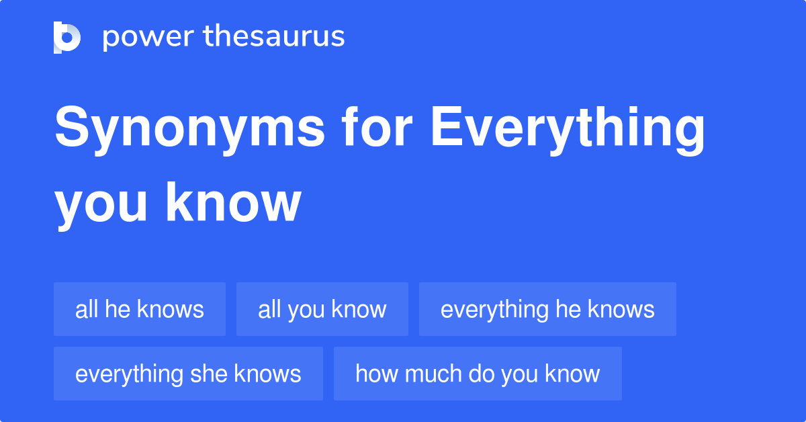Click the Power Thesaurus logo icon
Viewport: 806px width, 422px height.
click(67, 37)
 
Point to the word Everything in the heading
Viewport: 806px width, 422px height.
click(568, 130)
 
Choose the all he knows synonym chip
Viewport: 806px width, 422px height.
click(140, 309)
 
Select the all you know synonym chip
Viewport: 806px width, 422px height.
click(322, 309)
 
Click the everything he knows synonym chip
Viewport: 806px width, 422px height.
click(547, 309)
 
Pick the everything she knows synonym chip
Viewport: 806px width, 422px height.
click(188, 374)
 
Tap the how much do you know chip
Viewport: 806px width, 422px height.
click(478, 374)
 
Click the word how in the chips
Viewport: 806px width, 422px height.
click(371, 374)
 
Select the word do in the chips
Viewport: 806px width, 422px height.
click(478, 374)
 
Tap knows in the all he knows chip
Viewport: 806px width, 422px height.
click(171, 309)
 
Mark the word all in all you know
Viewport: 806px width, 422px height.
click(269, 309)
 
